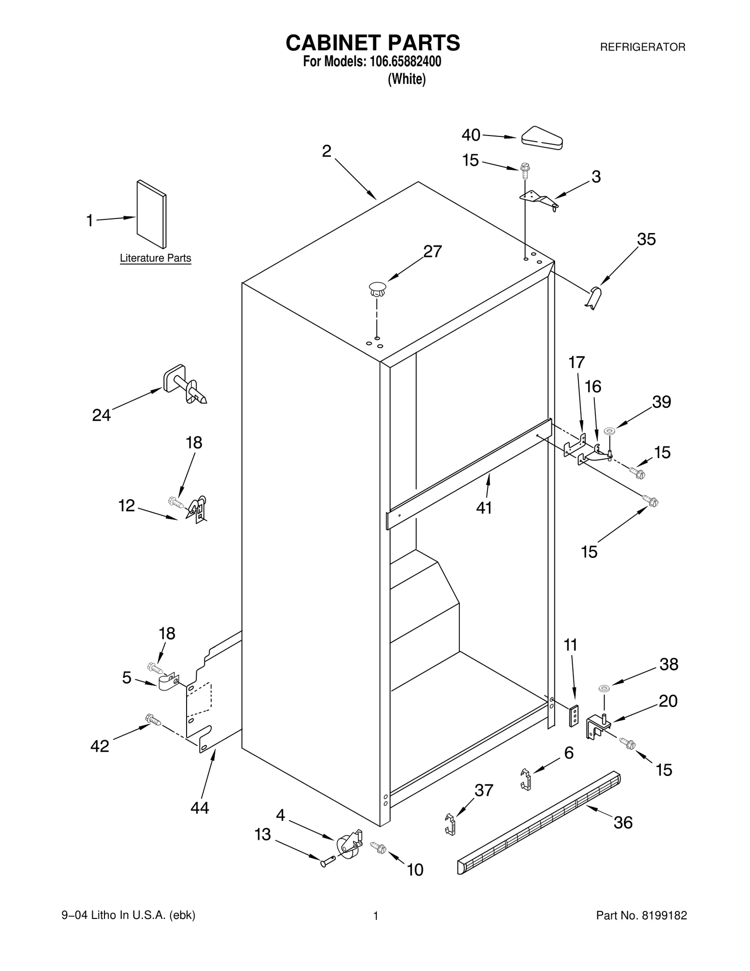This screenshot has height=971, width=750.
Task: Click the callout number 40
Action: pos(471,135)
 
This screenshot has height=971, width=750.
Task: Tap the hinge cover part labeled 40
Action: pos(542,138)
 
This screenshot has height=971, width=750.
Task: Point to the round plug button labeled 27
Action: pos(377,288)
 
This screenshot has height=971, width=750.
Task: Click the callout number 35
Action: pos(646,240)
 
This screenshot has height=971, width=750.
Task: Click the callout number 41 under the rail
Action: pos(484,508)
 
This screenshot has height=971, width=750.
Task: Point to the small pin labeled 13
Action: pos(327,862)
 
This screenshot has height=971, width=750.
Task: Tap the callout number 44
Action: pos(200,807)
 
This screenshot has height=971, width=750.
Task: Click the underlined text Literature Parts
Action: pos(155,258)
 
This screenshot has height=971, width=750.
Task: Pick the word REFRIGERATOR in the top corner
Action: pos(643,47)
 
